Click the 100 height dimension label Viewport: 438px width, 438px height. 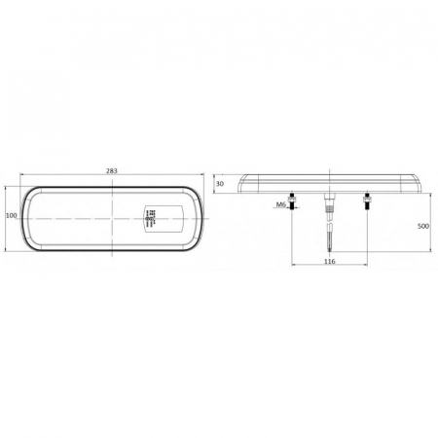click(x=11, y=215)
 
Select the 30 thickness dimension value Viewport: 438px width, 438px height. click(x=220, y=183)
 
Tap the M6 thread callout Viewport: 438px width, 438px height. click(x=280, y=204)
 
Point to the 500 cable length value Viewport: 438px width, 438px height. click(x=424, y=226)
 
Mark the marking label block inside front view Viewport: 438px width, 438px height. click(x=149, y=218)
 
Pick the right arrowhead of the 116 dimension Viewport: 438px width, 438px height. click(x=367, y=267)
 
